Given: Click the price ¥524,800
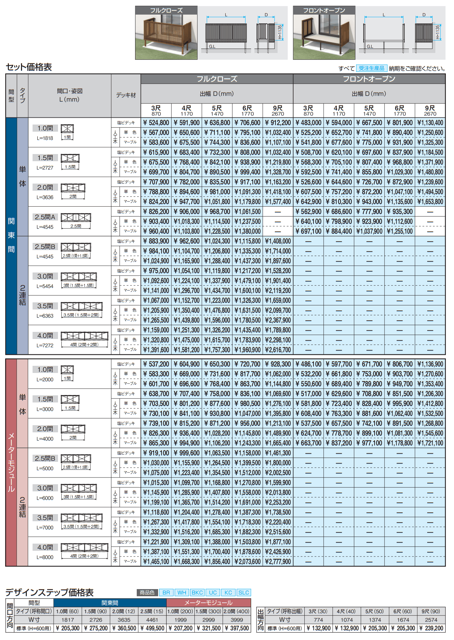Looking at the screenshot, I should [156, 123].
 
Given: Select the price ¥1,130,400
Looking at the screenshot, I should [430, 123].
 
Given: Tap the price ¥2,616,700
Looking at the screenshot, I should [278, 350].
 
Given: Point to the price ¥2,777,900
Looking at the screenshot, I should [278, 562].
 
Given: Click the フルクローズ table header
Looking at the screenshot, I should [217, 79].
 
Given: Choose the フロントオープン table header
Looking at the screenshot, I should [369, 79].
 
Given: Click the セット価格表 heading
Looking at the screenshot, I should [29, 67].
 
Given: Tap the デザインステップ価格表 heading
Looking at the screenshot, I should [50, 592].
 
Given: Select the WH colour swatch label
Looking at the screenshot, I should [182, 592].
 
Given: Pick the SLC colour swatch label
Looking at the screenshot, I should [244, 592].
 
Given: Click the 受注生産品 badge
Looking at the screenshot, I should [372, 68].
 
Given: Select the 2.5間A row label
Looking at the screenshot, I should [45, 217].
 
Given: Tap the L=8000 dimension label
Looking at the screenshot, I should [45, 557].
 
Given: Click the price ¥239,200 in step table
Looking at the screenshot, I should [431, 628].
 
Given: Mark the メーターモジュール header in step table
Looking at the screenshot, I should [208, 603].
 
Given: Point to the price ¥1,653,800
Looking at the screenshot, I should [430, 202].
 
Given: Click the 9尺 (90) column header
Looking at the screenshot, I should [431, 611].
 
